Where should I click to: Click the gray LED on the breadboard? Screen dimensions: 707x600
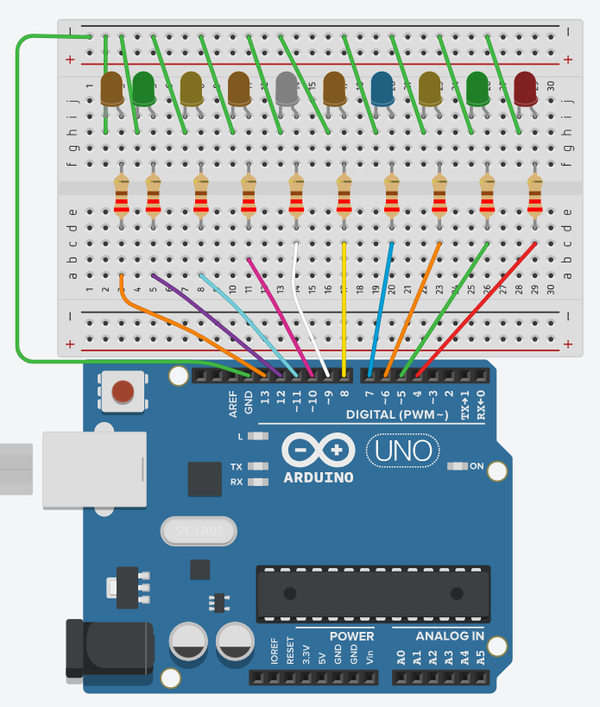coord(287,86)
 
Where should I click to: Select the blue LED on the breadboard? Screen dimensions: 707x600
coord(382,88)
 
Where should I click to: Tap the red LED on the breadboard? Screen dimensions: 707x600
coord(525,87)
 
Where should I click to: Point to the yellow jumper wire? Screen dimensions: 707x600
coord(344,311)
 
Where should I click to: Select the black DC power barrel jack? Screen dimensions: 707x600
coord(108,649)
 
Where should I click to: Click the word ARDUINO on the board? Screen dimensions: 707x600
coord(318,477)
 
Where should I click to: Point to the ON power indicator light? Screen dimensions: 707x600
coord(458,467)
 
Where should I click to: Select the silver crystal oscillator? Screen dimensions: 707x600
coord(198,531)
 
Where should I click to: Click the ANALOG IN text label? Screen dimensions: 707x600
coord(449,636)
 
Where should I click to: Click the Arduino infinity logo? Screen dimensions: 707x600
coord(318,450)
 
